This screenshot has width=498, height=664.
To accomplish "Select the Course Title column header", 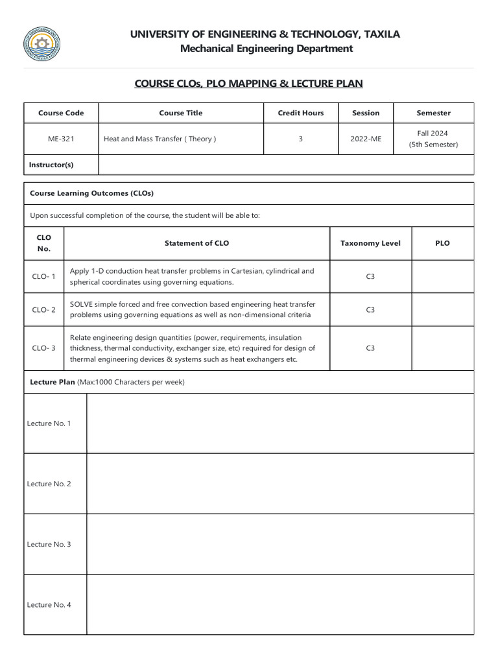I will tap(181, 113).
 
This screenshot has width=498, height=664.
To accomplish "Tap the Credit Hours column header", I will tap(300, 113).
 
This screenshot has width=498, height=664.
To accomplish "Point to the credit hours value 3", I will tap(300, 139).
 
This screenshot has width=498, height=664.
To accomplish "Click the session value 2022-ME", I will tap(366, 139).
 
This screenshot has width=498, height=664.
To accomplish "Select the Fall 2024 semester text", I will tap(433, 133).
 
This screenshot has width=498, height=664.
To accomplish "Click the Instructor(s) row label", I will tap(51, 165).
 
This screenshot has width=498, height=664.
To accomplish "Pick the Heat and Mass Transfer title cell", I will tap(160, 139).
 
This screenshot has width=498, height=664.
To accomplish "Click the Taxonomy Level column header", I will tap(370, 243).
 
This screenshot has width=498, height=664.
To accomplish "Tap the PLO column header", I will tap(442, 243).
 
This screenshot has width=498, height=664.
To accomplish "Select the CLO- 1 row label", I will tap(44, 276).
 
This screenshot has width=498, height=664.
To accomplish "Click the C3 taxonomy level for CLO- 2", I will tap(370, 309).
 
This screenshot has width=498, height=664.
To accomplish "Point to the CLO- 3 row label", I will tap(44, 348).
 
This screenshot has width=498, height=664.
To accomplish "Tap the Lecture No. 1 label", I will tap(49, 423).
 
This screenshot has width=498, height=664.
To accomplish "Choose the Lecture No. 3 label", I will tap(49, 544).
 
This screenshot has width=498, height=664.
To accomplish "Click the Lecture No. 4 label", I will tap(49, 604).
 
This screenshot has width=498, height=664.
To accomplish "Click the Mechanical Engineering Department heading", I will tap(267, 49).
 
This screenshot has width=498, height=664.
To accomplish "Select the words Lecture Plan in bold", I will tap(53, 382).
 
